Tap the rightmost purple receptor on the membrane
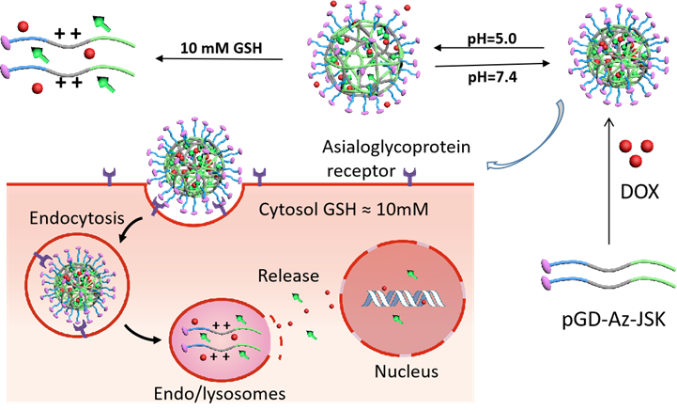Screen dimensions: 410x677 [x=409, y=175]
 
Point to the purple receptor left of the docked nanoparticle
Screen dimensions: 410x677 [x=110, y=174]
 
